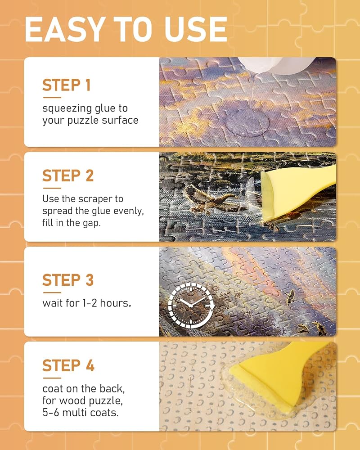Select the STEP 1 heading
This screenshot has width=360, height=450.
67,85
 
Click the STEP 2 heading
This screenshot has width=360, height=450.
68,175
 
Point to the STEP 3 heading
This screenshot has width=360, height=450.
68,280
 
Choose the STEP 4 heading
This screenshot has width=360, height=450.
68,365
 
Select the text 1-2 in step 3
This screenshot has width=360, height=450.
90,303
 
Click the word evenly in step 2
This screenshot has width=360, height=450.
129,211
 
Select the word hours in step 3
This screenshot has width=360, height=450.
115,303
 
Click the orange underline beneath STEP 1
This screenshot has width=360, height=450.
52,98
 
